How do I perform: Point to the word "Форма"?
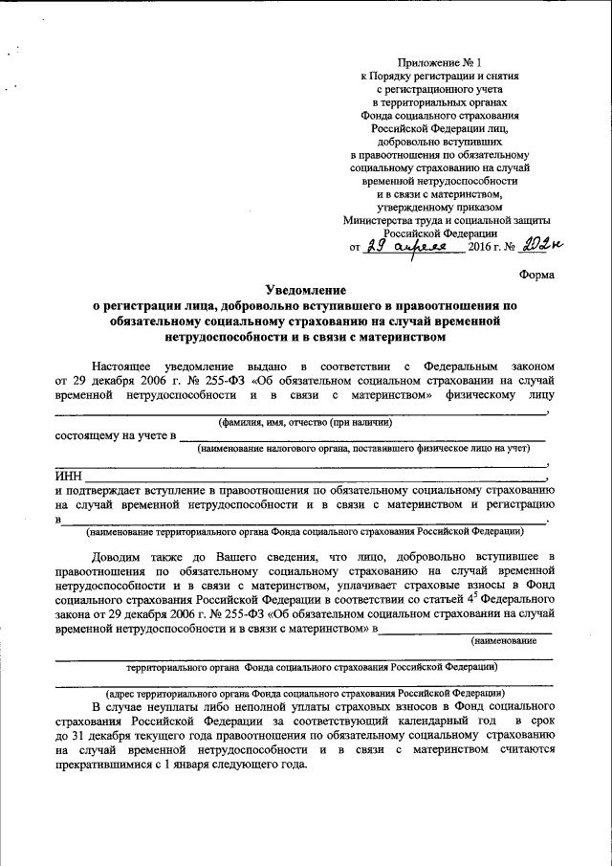coord(535,274)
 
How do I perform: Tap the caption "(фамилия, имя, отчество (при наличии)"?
coord(304,422)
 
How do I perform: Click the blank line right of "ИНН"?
coord(316,477)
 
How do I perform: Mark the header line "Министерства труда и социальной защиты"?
coord(440,220)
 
